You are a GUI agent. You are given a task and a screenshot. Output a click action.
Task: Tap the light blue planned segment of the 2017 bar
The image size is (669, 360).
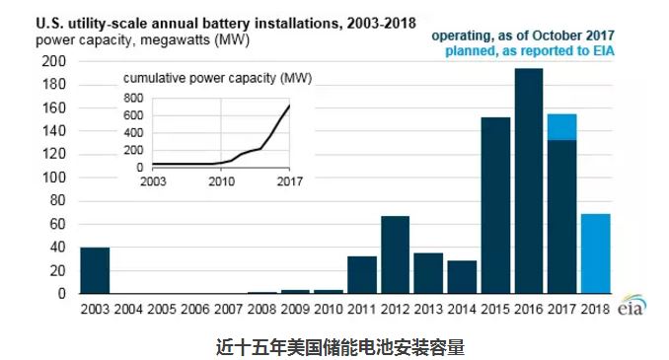[561, 127]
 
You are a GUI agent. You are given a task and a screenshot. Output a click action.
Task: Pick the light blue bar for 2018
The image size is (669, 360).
[595, 253]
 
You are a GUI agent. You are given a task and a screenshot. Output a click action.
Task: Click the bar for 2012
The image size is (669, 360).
[395, 254]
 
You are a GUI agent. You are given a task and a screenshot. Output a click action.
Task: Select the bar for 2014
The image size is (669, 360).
[461, 277]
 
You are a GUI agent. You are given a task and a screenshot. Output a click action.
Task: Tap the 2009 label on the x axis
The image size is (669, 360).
[294, 309]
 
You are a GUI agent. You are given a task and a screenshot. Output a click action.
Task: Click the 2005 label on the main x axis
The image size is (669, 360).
[161, 309]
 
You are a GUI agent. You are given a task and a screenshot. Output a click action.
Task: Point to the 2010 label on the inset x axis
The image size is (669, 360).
[221, 181]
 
